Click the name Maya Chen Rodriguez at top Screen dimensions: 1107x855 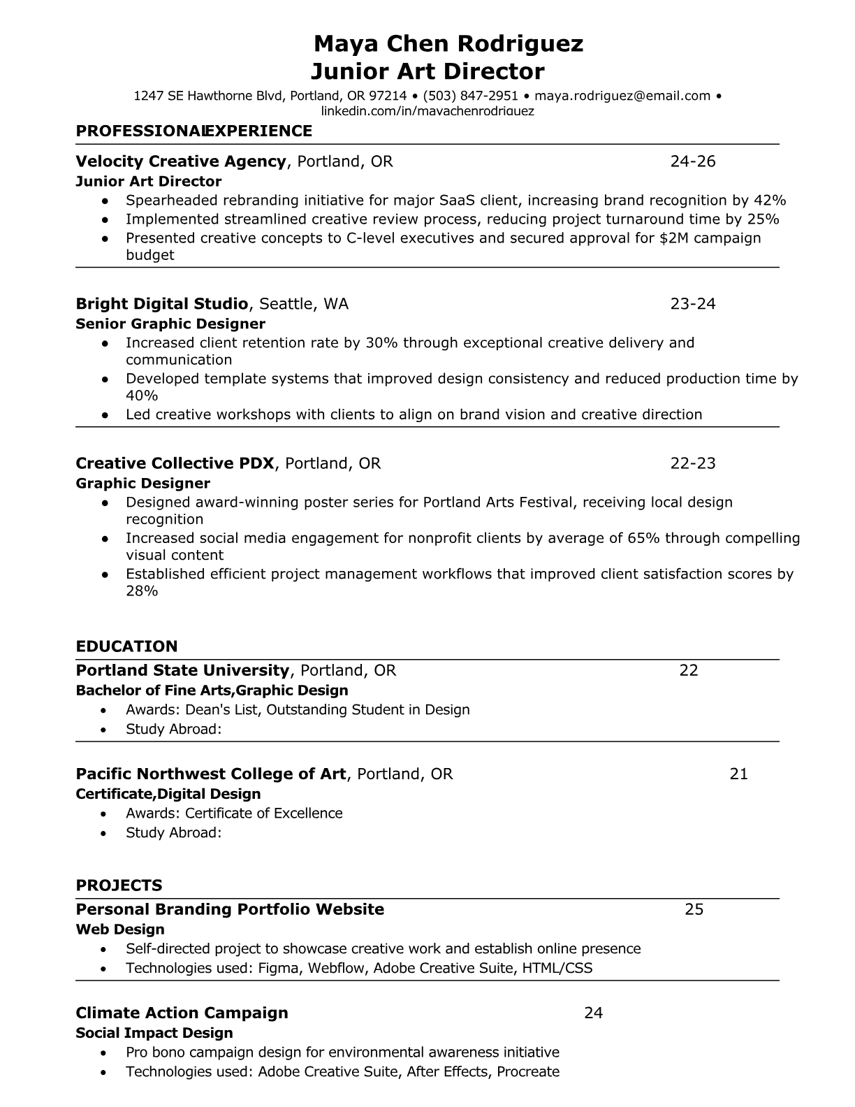(x=448, y=44)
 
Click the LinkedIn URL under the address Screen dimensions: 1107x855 (x=427, y=111)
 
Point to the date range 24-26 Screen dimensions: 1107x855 (x=692, y=161)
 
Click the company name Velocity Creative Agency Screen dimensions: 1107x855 (x=181, y=161)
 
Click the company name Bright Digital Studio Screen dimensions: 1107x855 (x=162, y=304)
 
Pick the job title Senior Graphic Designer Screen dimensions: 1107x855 (x=170, y=324)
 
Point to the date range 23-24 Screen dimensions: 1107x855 (x=692, y=304)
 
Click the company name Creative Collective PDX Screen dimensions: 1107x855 (x=175, y=463)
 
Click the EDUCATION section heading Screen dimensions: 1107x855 (x=126, y=646)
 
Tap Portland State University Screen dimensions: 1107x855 (x=182, y=671)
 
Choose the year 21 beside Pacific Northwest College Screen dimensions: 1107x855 (x=738, y=774)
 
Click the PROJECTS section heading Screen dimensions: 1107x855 (x=119, y=885)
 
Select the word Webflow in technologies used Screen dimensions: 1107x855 (x=338, y=968)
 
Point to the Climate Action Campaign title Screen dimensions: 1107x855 (x=182, y=1013)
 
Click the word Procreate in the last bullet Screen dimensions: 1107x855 (x=528, y=1071)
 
